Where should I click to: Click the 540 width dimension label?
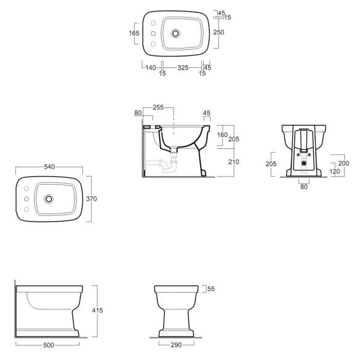(x=49, y=167)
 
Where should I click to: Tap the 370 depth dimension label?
(x=91, y=199)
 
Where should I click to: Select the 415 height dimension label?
(x=97, y=310)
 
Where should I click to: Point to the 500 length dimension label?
(x=49, y=345)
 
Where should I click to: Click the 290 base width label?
(x=177, y=345)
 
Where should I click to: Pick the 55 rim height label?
(x=211, y=289)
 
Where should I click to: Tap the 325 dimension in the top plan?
(x=183, y=68)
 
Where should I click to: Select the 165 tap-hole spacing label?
(x=134, y=33)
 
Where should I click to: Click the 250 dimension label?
(x=218, y=33)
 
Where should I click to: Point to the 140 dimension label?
(x=151, y=68)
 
